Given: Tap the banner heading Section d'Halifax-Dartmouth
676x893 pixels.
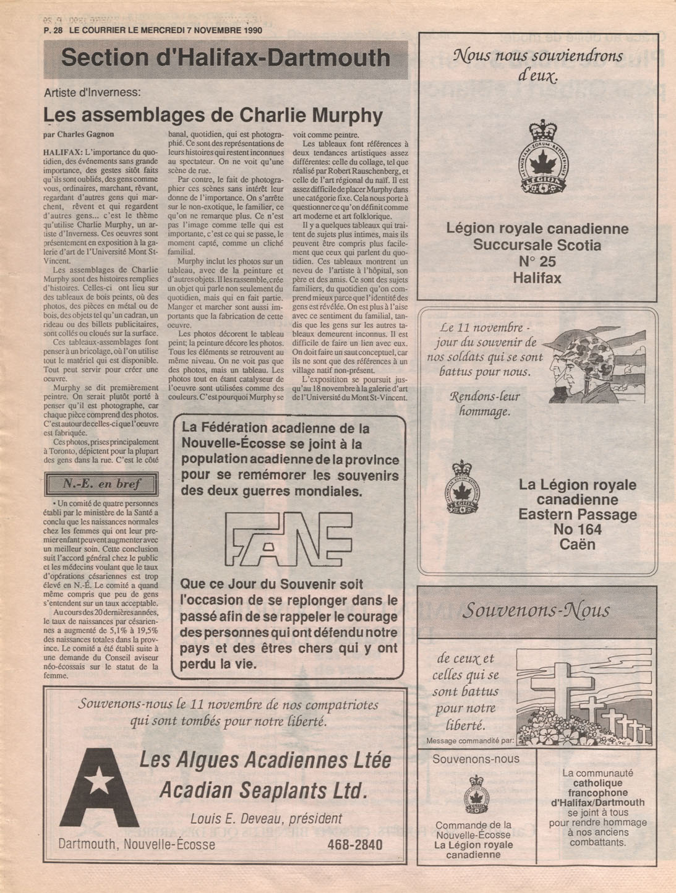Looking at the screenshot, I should coord(226,58).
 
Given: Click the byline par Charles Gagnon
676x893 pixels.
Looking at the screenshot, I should coord(79,134).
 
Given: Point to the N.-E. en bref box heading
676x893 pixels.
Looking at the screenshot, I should coord(101,484).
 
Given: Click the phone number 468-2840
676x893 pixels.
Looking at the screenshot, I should coord(354,844).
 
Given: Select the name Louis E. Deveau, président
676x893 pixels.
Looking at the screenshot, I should coord(266,819).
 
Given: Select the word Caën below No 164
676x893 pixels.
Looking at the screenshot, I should coord(577,544).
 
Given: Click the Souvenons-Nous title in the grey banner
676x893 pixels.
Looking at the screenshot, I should coord(536,610).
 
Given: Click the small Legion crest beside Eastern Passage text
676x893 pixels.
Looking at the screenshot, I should coord(461,488).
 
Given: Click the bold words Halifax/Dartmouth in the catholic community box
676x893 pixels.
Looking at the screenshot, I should coord(597,803).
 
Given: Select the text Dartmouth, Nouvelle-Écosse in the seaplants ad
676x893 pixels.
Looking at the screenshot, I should coord(137,845).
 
